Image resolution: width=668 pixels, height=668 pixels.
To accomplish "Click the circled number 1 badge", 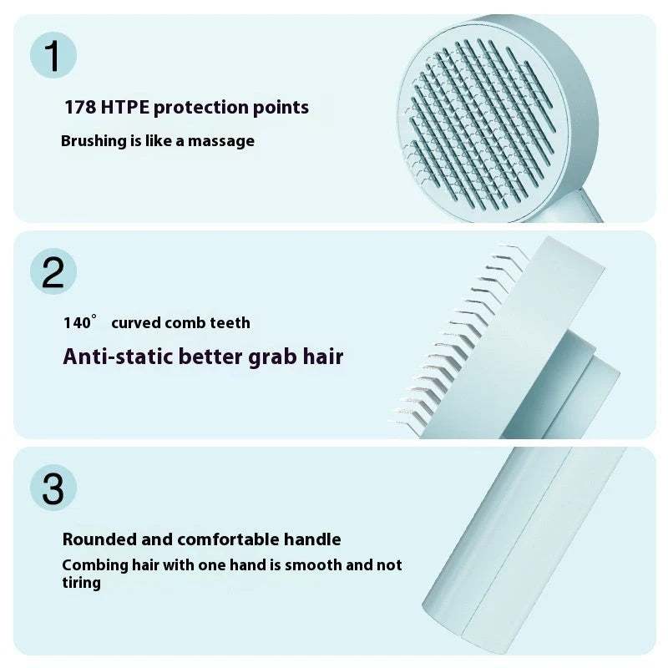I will point(53,56).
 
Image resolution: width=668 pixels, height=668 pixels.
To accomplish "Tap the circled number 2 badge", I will point(53,272).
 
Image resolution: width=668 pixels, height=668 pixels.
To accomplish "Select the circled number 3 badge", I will point(53,488).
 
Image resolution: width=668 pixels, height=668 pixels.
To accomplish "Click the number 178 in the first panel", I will point(79,107).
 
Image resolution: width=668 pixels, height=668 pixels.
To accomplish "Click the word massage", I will point(221,141).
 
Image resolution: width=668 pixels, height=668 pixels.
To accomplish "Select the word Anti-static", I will point(113,357).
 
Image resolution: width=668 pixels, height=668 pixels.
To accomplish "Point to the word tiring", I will point(81,583).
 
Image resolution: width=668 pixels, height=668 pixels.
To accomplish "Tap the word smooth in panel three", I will point(313,565).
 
